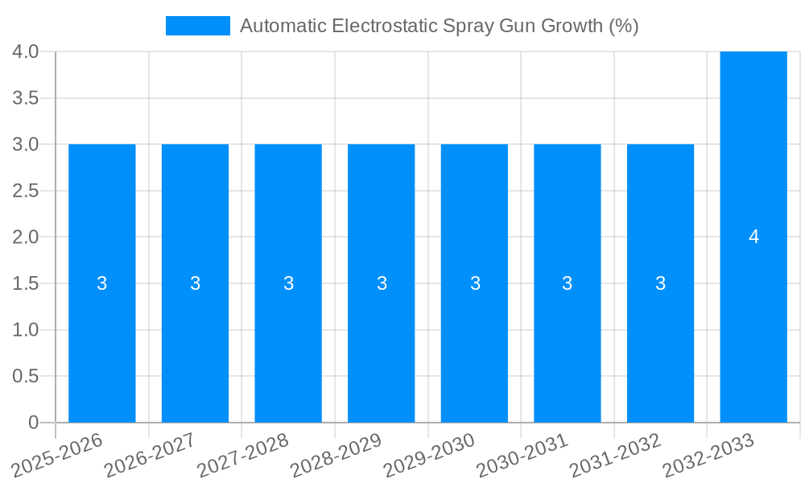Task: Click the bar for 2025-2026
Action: point(102,338)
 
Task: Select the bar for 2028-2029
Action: point(382,338)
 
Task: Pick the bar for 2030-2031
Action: point(568,338)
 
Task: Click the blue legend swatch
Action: point(197,26)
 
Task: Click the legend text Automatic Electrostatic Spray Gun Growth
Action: point(439,26)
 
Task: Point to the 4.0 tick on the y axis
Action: point(26,52)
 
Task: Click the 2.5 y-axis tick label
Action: point(26,191)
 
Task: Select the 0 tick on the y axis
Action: point(33,423)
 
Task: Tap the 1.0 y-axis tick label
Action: point(26,330)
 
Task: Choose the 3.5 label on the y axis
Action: point(26,98)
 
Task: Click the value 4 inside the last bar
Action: point(753,237)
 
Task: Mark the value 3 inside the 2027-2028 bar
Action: point(288,283)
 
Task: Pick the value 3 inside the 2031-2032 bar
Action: point(660,283)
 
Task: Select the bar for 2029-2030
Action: point(474,338)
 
